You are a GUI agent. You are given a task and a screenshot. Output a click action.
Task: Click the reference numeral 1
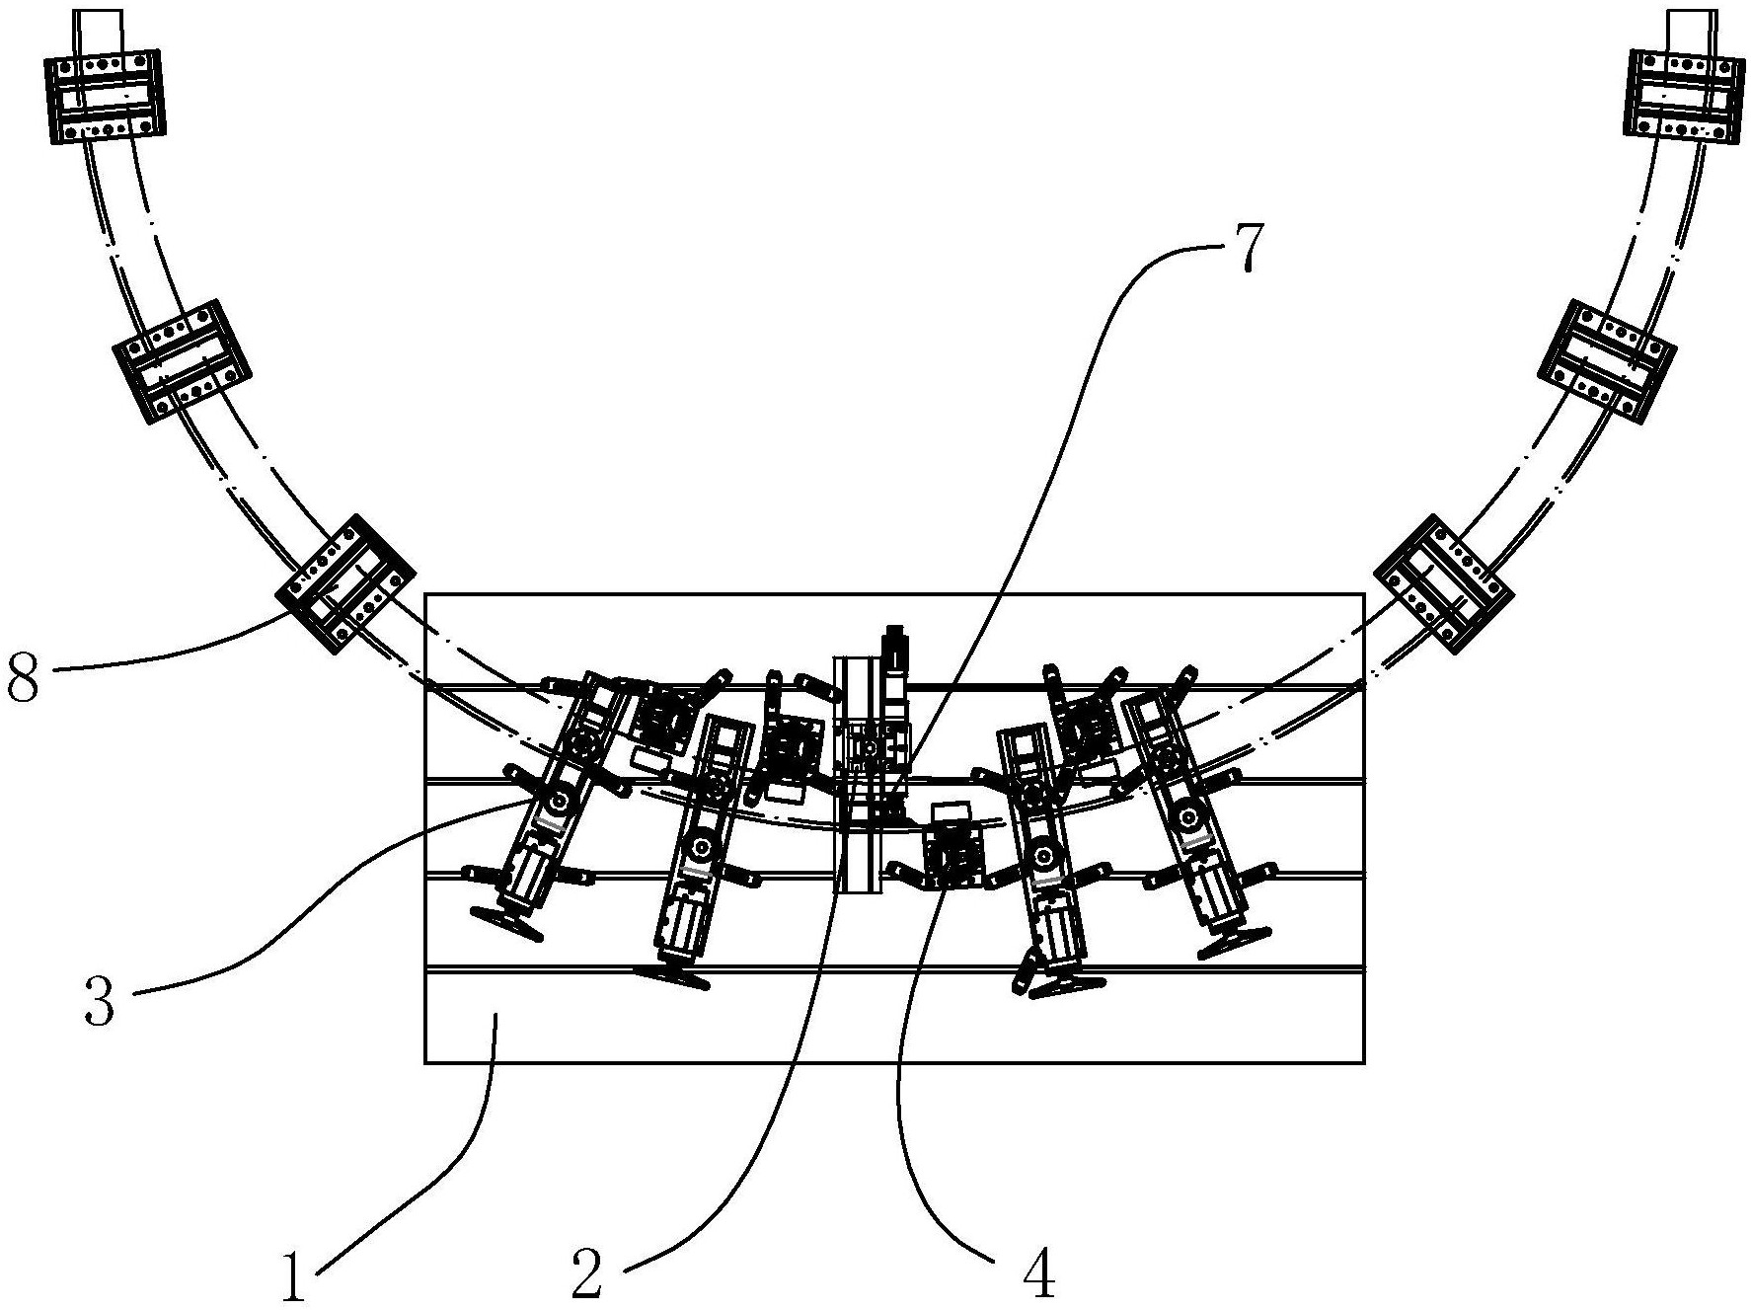294,1272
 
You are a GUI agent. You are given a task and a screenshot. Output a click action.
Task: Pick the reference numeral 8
23,676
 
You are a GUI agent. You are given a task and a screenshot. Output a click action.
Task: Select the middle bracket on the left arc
182,361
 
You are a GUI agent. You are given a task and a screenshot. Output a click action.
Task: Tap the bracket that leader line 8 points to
345,583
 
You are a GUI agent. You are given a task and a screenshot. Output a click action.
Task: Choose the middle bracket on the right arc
1607,361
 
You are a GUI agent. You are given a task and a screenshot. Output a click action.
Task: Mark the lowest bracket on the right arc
1443,583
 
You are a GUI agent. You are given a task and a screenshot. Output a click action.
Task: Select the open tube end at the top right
1692,30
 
